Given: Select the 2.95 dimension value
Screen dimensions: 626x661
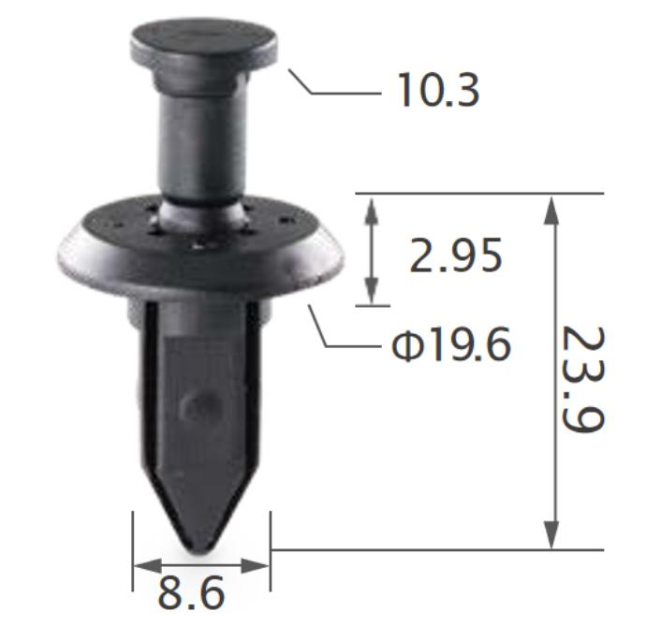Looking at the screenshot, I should (x=456, y=255).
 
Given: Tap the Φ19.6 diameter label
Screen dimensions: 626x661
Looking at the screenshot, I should (x=452, y=346).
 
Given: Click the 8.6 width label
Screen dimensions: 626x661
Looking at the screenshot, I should (x=192, y=593).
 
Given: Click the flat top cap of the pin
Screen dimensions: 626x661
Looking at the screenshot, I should (x=203, y=42).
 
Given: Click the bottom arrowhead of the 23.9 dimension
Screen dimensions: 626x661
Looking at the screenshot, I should (x=553, y=537).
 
